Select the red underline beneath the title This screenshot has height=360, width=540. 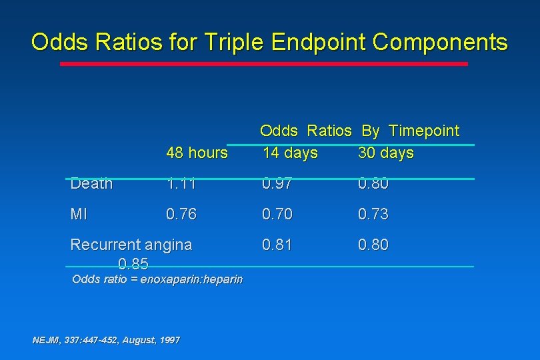pos(264,64)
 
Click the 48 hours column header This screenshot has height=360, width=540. pos(197,153)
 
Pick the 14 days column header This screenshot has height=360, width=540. pos(290,153)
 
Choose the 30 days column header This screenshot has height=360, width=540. pos(386,153)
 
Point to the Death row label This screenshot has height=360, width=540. pos(91,183)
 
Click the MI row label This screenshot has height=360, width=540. pos(79,214)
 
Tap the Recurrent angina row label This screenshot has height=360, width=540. pos(131,245)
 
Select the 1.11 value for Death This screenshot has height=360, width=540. pos(181,183)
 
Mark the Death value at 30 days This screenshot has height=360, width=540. pos(373,183)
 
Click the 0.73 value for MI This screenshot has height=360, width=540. pos(373,214)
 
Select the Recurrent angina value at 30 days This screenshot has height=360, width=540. pos(373,245)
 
